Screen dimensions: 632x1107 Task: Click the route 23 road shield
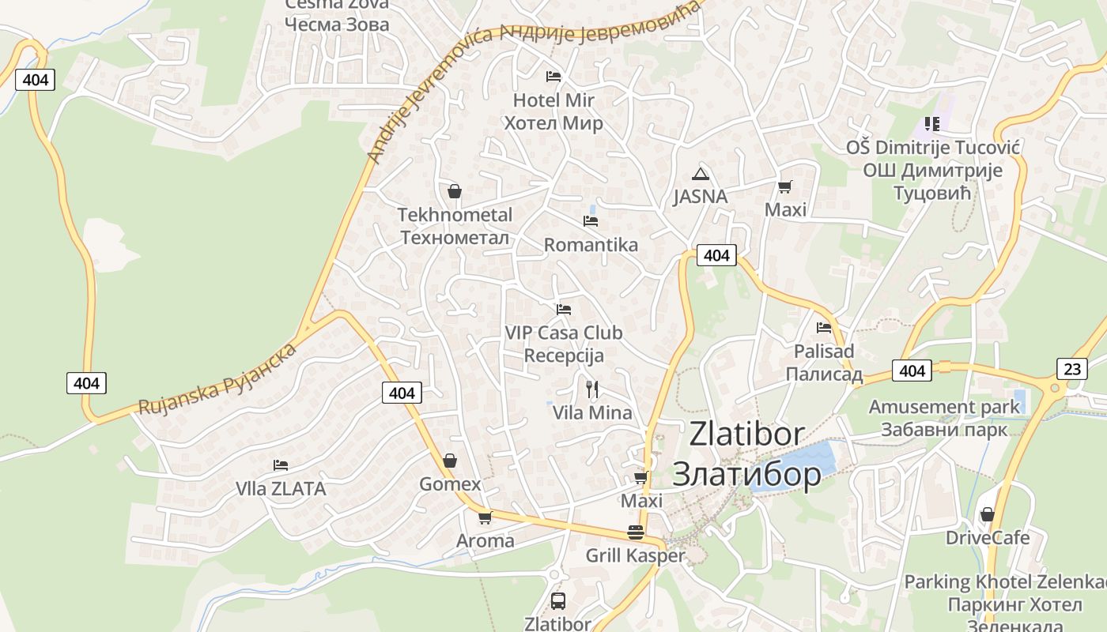(x=1071, y=369)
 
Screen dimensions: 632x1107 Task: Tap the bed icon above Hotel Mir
(x=553, y=76)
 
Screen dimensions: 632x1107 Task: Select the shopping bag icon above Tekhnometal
(x=455, y=191)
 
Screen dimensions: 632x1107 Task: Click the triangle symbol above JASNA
(x=700, y=174)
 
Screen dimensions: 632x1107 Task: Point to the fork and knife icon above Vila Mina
(x=592, y=389)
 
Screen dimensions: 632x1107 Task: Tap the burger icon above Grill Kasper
(x=635, y=532)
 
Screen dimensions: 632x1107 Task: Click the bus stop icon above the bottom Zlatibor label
(x=557, y=600)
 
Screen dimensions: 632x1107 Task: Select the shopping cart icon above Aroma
(x=485, y=517)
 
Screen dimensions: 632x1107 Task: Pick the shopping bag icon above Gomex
(x=450, y=460)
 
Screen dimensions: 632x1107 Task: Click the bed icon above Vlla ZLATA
(x=280, y=465)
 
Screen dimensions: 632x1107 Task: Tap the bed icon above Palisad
(x=824, y=327)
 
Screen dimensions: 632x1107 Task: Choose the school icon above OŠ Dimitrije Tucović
(x=931, y=124)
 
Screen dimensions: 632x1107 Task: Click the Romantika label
(x=591, y=245)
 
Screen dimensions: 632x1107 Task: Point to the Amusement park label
(x=944, y=407)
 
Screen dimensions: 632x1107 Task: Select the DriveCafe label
(x=988, y=538)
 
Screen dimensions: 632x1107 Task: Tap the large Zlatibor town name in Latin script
(x=746, y=434)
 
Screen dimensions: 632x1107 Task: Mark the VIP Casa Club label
(x=563, y=333)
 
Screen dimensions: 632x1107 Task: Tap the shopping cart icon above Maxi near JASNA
(x=784, y=186)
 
